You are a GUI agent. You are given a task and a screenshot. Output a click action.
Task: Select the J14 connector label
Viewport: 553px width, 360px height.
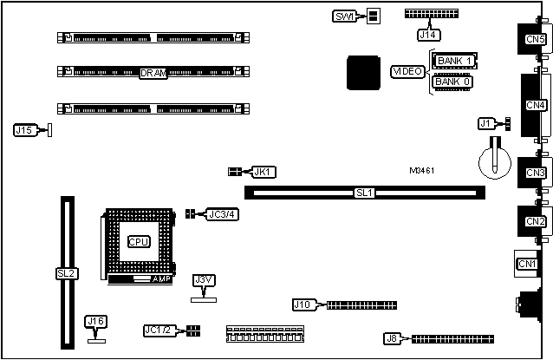point(427,36)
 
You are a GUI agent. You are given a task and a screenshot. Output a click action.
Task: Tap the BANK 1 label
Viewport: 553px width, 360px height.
point(456,61)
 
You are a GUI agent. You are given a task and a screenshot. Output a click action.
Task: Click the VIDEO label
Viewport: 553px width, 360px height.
point(407,71)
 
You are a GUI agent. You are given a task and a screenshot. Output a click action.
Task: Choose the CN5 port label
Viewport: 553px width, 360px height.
point(535,38)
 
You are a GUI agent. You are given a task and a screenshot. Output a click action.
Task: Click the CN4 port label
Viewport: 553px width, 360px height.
point(535,106)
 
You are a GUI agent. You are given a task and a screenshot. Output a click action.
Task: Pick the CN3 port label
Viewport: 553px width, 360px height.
point(535,173)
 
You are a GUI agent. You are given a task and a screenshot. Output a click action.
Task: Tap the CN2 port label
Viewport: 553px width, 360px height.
point(535,221)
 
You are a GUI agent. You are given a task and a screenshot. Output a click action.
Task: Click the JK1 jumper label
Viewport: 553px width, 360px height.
point(263,172)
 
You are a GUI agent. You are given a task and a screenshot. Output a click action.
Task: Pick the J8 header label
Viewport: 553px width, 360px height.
point(392,339)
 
